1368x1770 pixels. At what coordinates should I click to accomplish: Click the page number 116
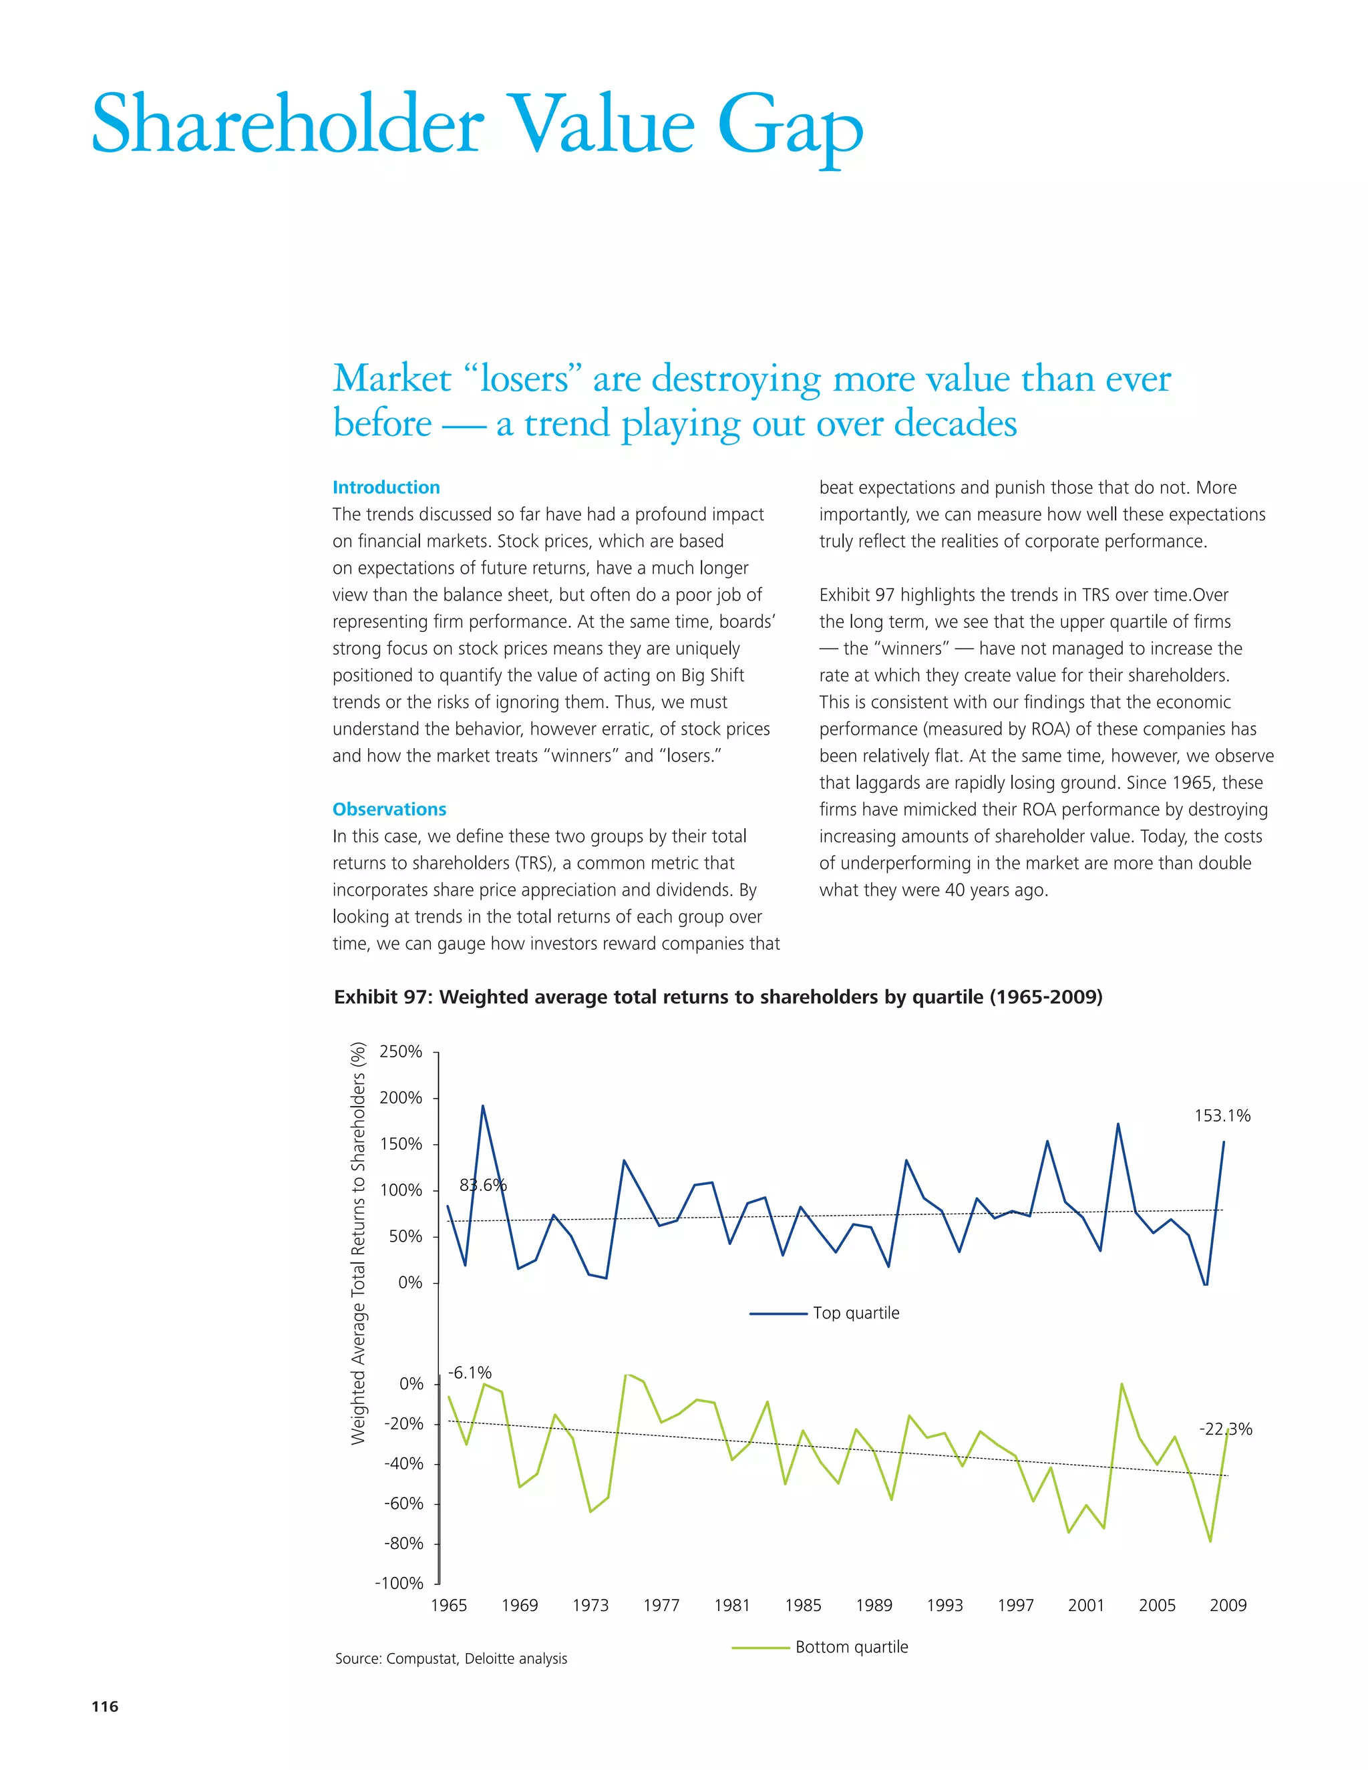pos(105,1706)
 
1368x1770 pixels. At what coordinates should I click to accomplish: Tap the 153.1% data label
pos(1222,1116)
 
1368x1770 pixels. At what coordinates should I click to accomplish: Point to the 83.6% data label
pos(483,1185)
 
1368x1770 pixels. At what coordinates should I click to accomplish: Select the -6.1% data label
pos(470,1372)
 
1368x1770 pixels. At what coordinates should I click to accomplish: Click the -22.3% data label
pos(1225,1429)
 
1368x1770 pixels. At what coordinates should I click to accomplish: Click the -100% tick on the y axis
pos(399,1583)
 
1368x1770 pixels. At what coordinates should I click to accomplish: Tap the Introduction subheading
pos(386,487)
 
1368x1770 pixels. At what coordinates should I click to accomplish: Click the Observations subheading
pos(389,809)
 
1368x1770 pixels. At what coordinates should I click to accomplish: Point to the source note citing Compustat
pos(452,1659)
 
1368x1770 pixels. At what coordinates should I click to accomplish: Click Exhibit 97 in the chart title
pos(380,997)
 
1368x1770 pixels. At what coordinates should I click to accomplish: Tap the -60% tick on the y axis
pos(403,1503)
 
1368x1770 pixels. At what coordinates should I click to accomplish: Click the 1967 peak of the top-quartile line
pos(483,1106)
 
